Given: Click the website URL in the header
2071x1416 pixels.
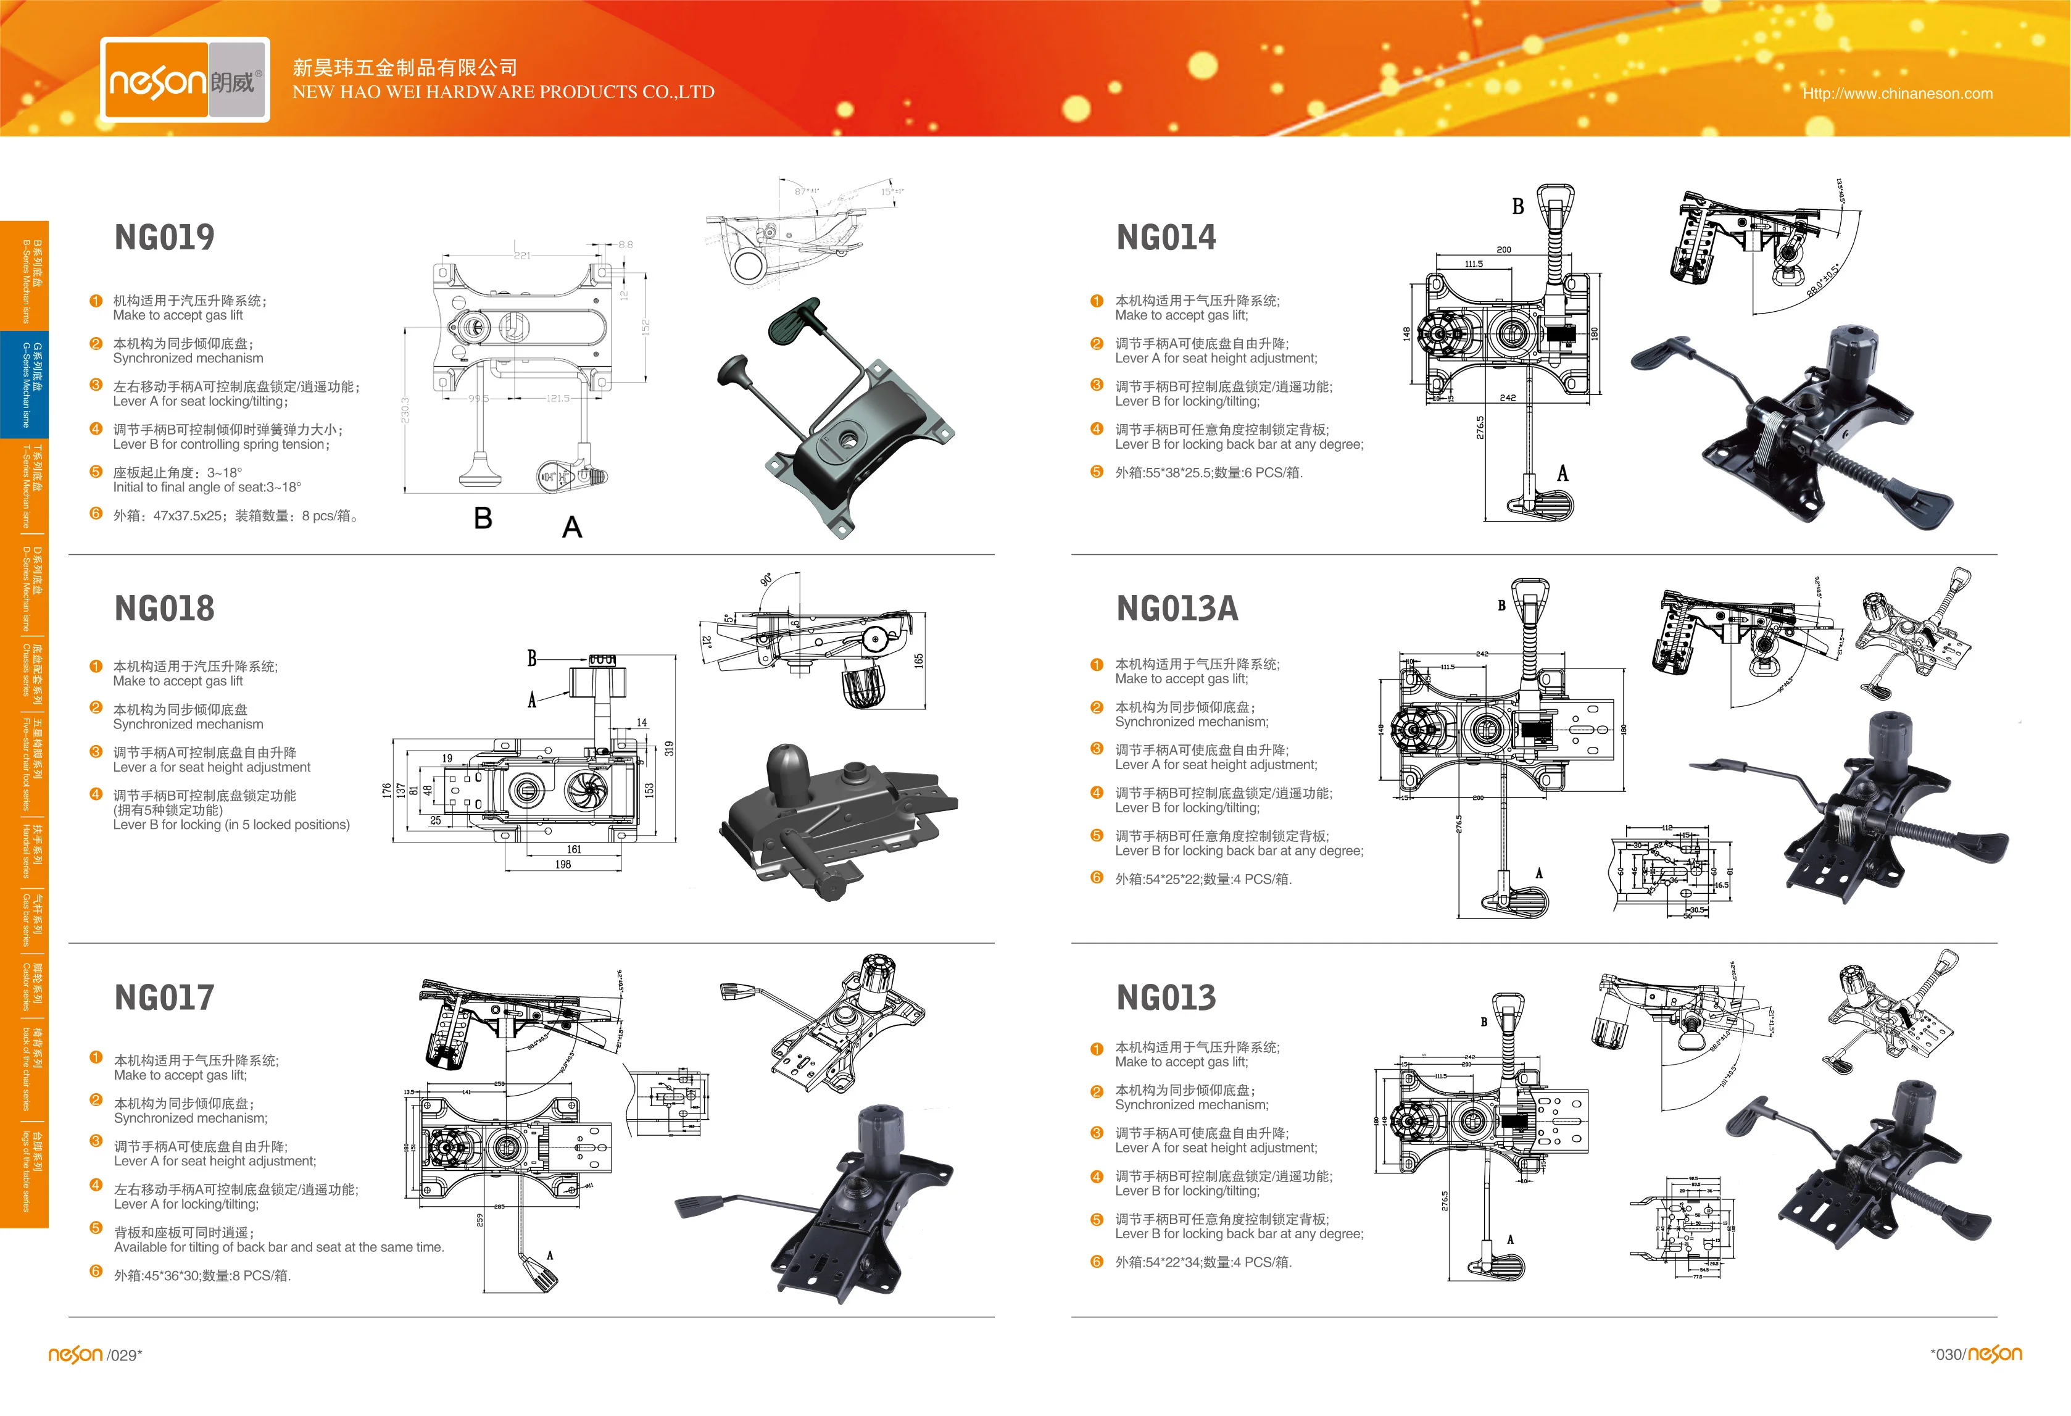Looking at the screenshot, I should pyautogui.click(x=1897, y=94).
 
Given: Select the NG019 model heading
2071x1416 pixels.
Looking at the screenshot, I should pyautogui.click(x=165, y=237).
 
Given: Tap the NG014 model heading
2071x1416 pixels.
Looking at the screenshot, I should pyautogui.click(x=1166, y=237).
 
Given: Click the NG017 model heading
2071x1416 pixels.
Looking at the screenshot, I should pyautogui.click(x=165, y=997).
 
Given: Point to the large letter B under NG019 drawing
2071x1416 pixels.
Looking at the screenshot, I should pyautogui.click(x=483, y=518).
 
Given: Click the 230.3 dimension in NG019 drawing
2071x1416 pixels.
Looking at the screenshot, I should pyautogui.click(x=406, y=410).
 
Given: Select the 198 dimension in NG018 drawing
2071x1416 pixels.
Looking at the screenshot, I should pyautogui.click(x=563, y=864).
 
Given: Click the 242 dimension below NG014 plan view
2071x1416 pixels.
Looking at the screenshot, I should pyautogui.click(x=1508, y=398).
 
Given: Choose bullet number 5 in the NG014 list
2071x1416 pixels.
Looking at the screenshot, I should pyautogui.click(x=1097, y=472).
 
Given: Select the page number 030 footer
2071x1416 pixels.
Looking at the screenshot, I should pyautogui.click(x=1947, y=1354).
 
